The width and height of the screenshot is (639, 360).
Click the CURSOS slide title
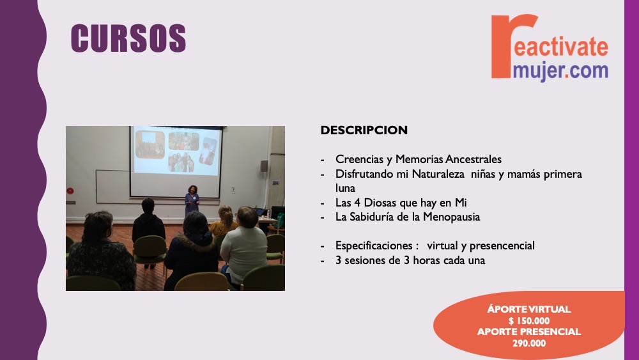[x=128, y=38]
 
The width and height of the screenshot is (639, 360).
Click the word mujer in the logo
[x=538, y=71]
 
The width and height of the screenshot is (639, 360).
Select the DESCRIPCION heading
[x=364, y=130]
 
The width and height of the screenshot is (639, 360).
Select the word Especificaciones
[x=374, y=246]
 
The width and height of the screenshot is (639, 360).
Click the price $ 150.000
[x=528, y=321]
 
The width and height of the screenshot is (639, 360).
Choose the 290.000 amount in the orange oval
[x=529, y=343]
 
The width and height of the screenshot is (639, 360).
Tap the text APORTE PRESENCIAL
[x=529, y=332]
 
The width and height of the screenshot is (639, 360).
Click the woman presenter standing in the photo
[x=192, y=201]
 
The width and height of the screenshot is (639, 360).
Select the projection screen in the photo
[x=176, y=162]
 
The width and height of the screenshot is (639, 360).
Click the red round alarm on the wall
[x=70, y=191]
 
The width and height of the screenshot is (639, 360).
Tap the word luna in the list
[x=345, y=188]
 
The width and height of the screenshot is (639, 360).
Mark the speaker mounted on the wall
[x=264, y=166]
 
